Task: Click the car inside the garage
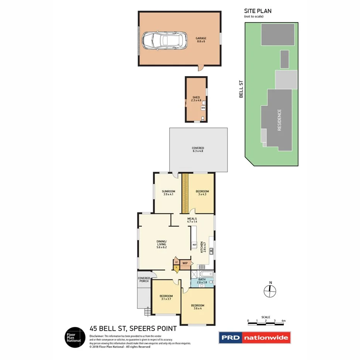165,40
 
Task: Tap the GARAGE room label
201,40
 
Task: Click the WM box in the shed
203,108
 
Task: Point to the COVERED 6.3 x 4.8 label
198,149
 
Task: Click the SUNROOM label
168,193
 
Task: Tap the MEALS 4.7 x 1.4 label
192,220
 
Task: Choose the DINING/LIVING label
161,245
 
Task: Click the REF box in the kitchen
194,245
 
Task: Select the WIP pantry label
185,263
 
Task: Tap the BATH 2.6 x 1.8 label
202,281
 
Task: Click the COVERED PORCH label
144,280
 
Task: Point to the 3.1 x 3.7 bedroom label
166,298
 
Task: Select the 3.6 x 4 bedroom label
197,307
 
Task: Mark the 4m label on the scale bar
284,321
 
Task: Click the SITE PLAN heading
258,11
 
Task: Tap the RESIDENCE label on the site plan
280,120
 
